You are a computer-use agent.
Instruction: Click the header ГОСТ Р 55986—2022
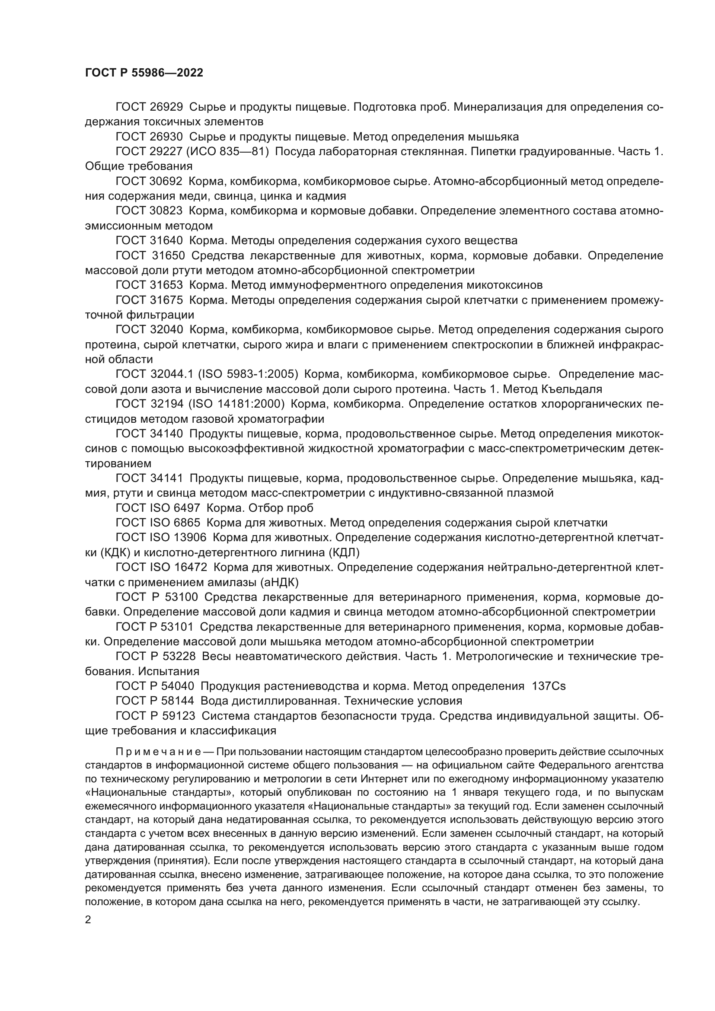click(144, 73)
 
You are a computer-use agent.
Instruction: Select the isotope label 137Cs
click(549, 686)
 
